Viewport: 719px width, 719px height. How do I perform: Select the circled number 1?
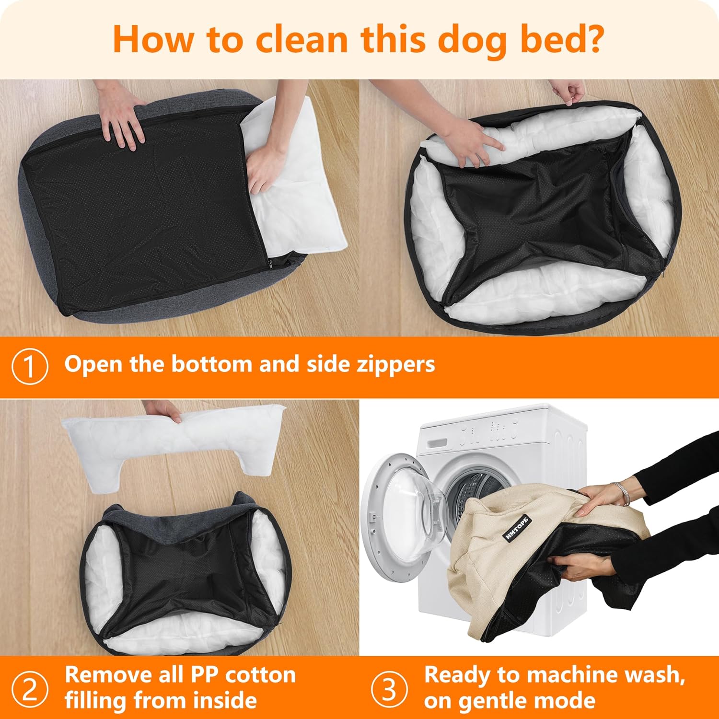[30, 367]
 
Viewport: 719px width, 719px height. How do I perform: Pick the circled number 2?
[30, 689]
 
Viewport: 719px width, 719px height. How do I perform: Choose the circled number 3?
[389, 689]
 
